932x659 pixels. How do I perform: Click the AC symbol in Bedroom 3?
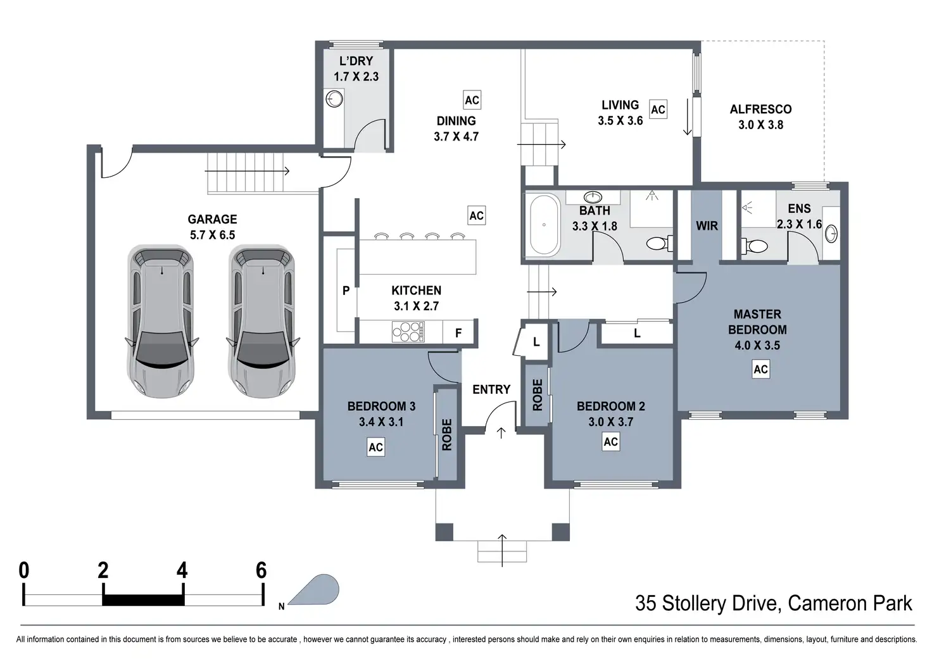coord(375,447)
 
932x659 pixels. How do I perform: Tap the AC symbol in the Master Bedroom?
coord(760,369)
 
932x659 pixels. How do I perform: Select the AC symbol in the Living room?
coord(658,110)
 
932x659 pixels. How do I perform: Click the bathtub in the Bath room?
coord(543,225)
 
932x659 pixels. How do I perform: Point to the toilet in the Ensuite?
coord(755,246)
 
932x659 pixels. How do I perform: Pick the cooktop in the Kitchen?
coord(408,332)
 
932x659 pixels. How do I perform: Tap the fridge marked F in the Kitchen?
coord(458,333)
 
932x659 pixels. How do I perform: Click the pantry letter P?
coord(346,291)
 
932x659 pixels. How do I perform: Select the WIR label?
coord(707,226)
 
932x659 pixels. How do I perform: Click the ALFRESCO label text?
coord(760,110)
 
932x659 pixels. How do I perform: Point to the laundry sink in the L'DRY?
coord(334,99)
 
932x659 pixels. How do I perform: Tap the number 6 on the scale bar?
coord(261,570)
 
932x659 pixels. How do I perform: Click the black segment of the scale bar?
coord(144,599)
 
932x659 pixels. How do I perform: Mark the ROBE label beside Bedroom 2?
coord(537,395)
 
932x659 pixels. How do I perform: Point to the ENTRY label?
coord(491,389)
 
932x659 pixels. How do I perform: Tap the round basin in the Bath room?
coord(593,197)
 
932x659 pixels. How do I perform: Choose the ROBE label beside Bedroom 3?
coord(446,435)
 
